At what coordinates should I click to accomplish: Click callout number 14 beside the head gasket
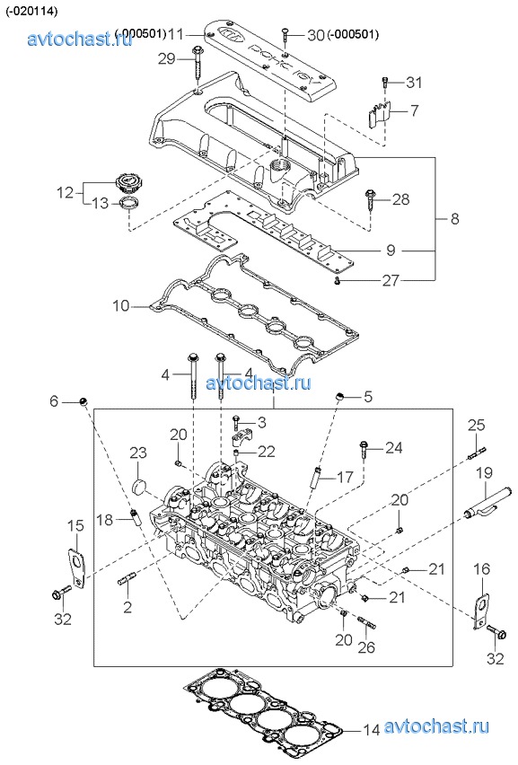click(371, 730)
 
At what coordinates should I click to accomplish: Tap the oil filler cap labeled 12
click(127, 184)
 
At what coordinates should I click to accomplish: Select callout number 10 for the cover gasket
click(121, 306)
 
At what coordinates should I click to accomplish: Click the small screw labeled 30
click(285, 38)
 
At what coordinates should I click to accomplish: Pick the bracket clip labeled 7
click(379, 115)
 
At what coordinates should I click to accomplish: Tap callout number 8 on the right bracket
click(454, 218)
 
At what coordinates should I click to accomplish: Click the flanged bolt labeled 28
click(370, 199)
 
